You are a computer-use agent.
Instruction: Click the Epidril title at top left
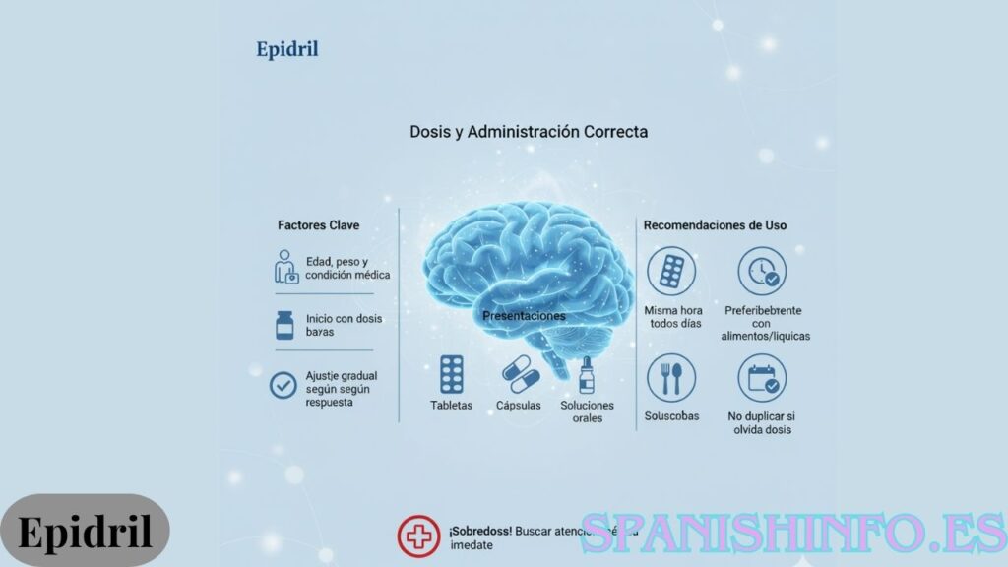click(x=286, y=48)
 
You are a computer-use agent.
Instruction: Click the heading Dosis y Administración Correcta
click(x=529, y=131)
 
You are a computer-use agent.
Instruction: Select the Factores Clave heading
click(x=318, y=225)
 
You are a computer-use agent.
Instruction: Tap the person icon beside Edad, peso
click(x=285, y=267)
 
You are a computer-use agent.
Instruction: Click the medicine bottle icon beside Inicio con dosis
click(x=284, y=325)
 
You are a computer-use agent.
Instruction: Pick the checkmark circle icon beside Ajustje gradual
click(x=283, y=385)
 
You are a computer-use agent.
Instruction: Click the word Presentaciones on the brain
click(x=524, y=316)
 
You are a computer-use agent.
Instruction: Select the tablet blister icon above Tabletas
click(x=451, y=375)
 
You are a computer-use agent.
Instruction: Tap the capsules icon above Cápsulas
click(x=519, y=375)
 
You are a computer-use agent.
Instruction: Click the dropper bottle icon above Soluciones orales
click(x=587, y=375)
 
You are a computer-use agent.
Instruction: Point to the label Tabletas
click(x=451, y=406)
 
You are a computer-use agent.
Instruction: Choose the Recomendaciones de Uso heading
click(x=715, y=225)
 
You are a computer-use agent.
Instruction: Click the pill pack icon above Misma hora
click(x=671, y=271)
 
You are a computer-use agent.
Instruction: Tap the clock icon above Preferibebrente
click(x=761, y=271)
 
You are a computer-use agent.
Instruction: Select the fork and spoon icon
click(x=671, y=378)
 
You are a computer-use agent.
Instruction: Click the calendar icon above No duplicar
click(x=761, y=378)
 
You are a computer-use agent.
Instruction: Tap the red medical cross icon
click(x=418, y=536)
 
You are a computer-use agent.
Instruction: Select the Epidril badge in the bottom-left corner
click(x=85, y=533)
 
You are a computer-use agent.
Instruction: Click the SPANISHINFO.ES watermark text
click(x=793, y=533)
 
